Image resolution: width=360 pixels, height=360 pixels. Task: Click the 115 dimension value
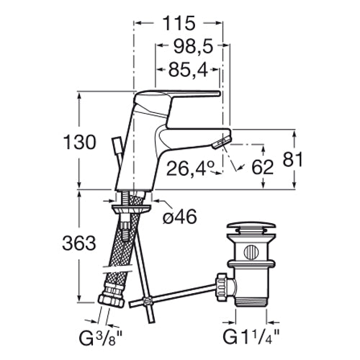179,23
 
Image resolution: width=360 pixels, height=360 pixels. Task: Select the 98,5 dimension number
193,46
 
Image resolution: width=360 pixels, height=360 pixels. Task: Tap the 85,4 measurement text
188,70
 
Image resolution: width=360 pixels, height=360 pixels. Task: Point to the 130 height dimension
79,143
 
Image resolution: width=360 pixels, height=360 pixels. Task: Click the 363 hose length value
79,243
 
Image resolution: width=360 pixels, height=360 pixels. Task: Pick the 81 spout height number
292,159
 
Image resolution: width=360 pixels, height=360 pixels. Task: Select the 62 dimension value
263,167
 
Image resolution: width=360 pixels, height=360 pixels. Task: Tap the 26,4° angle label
190,168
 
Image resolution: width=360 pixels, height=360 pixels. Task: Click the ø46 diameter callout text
180,217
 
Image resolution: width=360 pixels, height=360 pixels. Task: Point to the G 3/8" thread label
101,338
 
